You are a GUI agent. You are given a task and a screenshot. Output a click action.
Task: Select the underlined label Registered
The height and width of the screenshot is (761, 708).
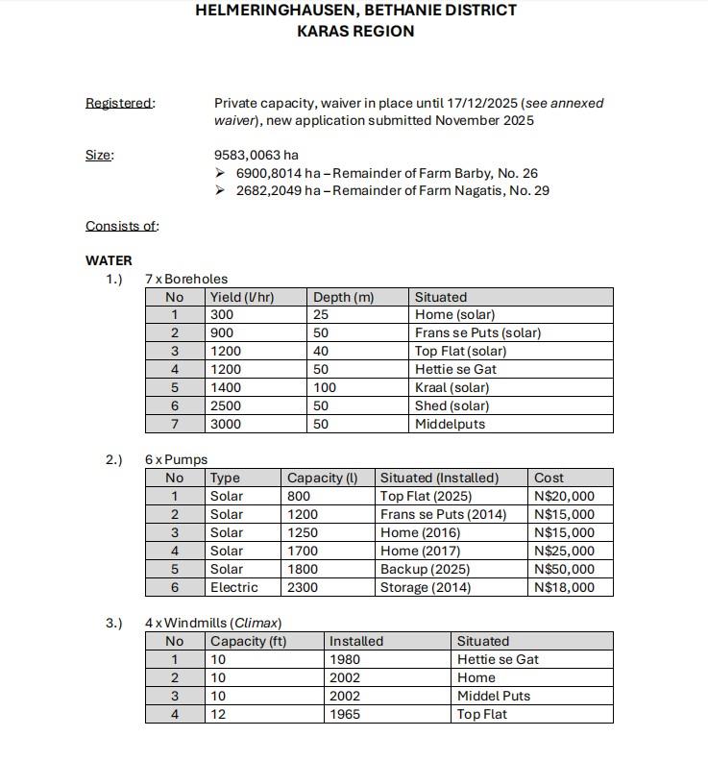click(118, 103)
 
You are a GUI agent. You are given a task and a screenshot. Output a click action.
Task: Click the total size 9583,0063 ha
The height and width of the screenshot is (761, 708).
click(256, 155)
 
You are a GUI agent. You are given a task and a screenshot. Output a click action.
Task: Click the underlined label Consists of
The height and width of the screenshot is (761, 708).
click(121, 226)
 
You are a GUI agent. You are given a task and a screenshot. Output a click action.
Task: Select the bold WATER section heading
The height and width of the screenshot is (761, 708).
click(109, 260)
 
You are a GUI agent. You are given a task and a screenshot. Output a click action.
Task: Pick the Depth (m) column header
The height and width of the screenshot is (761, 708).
click(343, 297)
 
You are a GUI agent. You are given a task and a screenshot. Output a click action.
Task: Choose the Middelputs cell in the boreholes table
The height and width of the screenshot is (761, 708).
click(450, 424)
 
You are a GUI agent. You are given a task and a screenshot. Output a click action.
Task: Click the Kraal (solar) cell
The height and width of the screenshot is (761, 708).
click(452, 387)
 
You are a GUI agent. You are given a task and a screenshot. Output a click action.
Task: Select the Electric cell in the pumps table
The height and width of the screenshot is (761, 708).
click(233, 587)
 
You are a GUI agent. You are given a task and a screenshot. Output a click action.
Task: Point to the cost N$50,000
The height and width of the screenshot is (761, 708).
click(564, 569)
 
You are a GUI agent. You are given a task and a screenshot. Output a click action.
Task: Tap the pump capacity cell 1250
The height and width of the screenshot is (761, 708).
click(303, 532)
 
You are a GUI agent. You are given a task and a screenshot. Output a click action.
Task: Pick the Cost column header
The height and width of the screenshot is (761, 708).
click(549, 478)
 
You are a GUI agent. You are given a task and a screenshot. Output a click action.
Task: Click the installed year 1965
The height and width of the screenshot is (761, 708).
click(345, 714)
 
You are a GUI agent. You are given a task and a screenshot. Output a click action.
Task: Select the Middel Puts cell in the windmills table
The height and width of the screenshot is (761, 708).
click(493, 696)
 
